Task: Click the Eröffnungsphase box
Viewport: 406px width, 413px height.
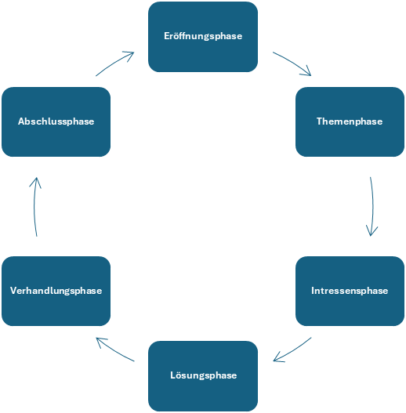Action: (x=203, y=37)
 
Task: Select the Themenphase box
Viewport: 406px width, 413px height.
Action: (x=350, y=122)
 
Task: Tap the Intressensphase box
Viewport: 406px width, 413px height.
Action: (x=350, y=291)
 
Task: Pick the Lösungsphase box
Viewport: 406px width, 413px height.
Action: (x=203, y=376)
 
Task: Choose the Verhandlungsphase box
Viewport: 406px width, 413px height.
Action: (x=56, y=291)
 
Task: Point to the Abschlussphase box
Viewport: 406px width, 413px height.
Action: (x=56, y=122)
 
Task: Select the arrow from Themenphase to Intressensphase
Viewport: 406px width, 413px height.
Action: (x=373, y=207)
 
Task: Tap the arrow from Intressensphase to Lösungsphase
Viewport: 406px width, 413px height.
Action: (x=293, y=350)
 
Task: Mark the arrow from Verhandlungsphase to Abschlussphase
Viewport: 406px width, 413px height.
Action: (x=34, y=207)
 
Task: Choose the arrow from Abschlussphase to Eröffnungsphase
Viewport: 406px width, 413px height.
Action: (x=114, y=63)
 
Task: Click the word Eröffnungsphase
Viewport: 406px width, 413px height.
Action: (x=203, y=36)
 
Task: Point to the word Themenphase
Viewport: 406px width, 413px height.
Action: (x=350, y=121)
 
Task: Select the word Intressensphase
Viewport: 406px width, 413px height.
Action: (x=350, y=291)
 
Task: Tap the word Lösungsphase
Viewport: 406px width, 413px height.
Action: (x=204, y=375)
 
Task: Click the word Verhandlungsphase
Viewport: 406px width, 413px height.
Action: (x=56, y=291)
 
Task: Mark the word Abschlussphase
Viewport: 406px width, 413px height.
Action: (x=56, y=121)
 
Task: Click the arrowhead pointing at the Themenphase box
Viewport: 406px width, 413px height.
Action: (x=308, y=72)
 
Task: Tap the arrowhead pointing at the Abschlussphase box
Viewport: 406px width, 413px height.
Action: (x=35, y=182)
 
